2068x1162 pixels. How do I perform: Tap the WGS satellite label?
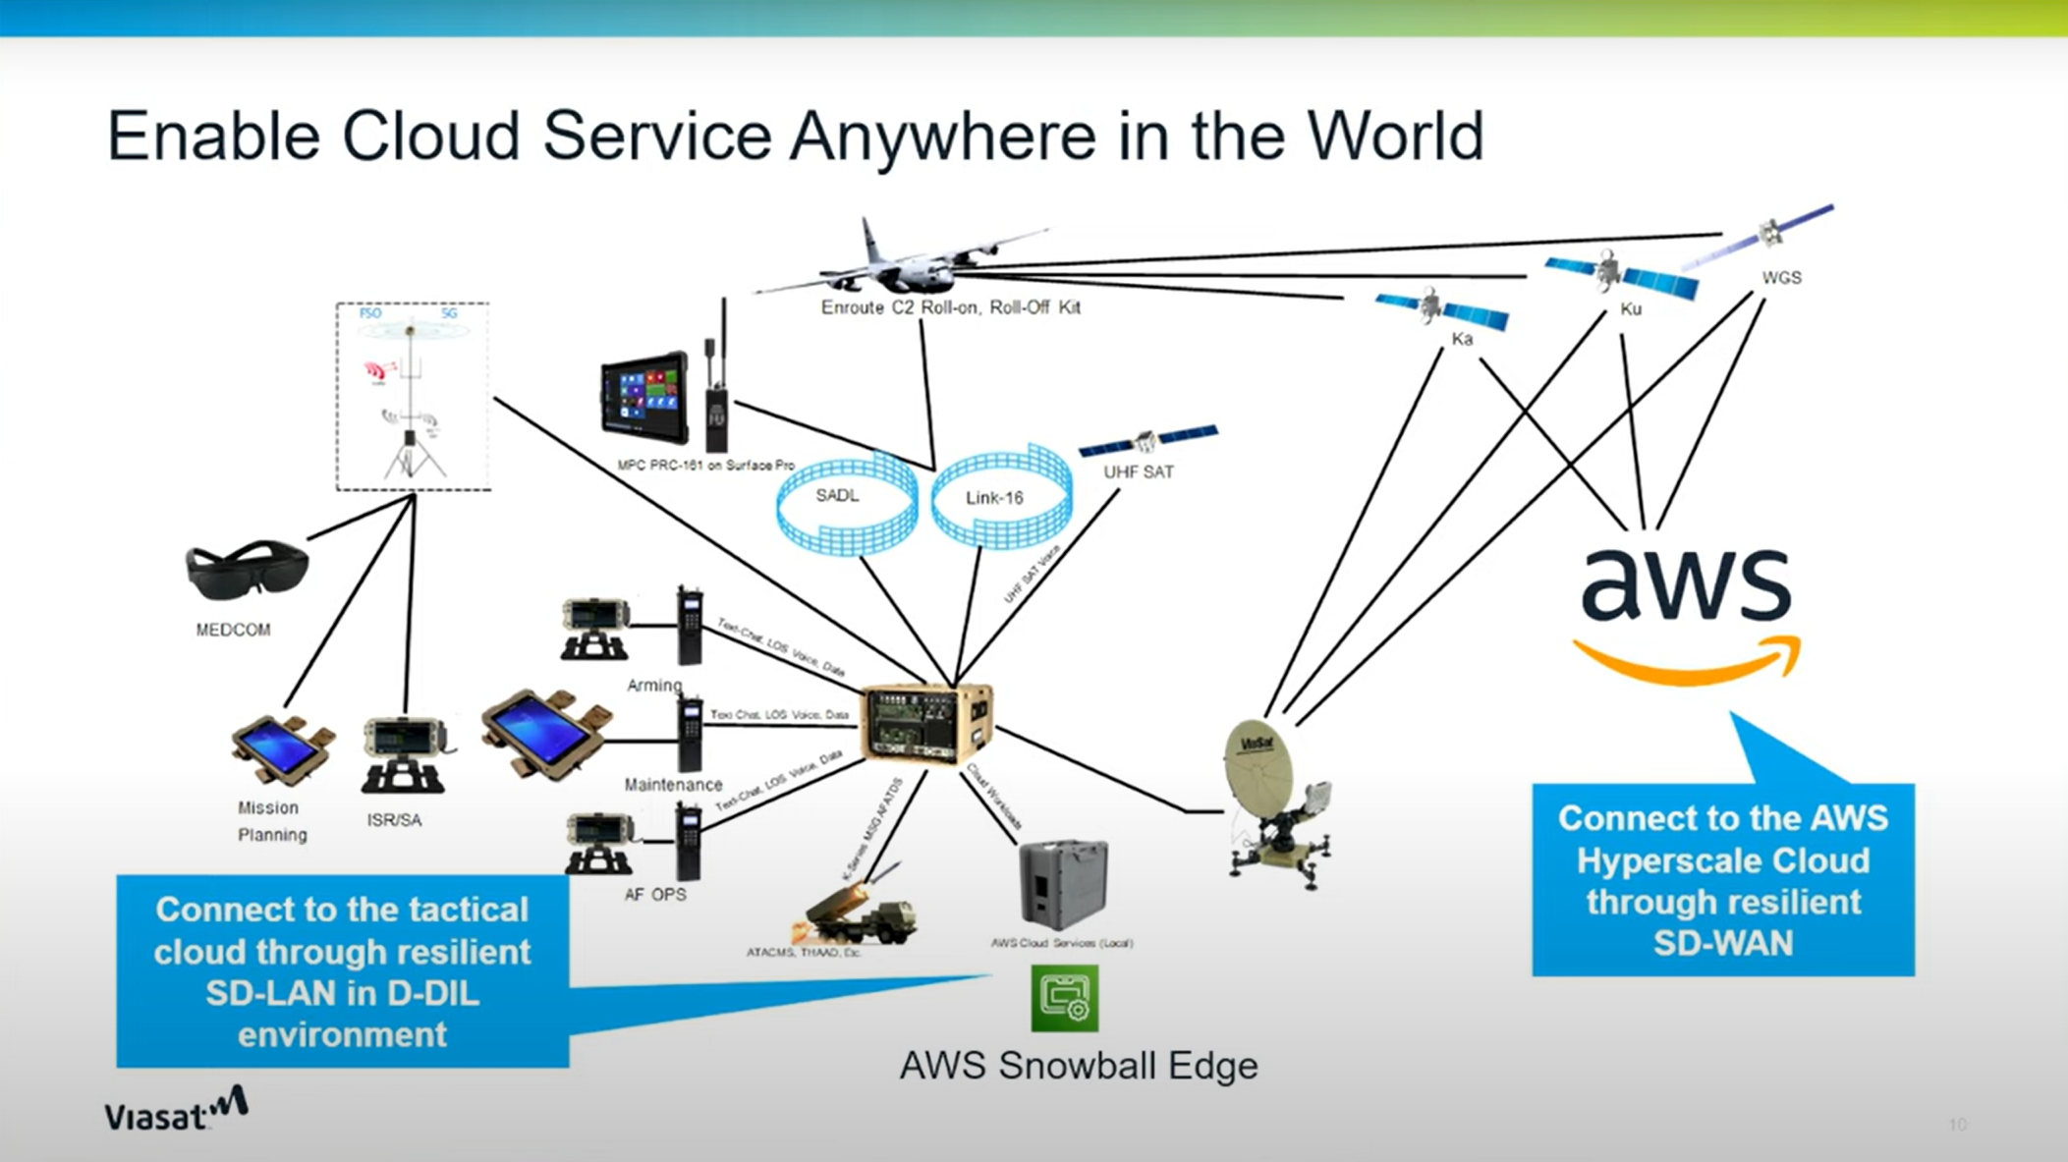(1781, 278)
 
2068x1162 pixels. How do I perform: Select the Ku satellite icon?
(1619, 274)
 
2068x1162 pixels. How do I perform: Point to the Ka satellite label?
(1462, 339)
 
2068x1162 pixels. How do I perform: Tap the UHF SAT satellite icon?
(1147, 440)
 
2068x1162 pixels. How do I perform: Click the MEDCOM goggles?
(247, 569)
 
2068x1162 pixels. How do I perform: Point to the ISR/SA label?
(394, 820)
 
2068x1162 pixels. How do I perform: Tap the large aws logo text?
(1686, 584)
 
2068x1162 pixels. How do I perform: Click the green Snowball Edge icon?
(1064, 998)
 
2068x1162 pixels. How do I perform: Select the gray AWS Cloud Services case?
(1063, 883)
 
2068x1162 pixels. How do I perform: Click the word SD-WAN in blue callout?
(1721, 944)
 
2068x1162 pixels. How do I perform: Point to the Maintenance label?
(673, 785)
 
